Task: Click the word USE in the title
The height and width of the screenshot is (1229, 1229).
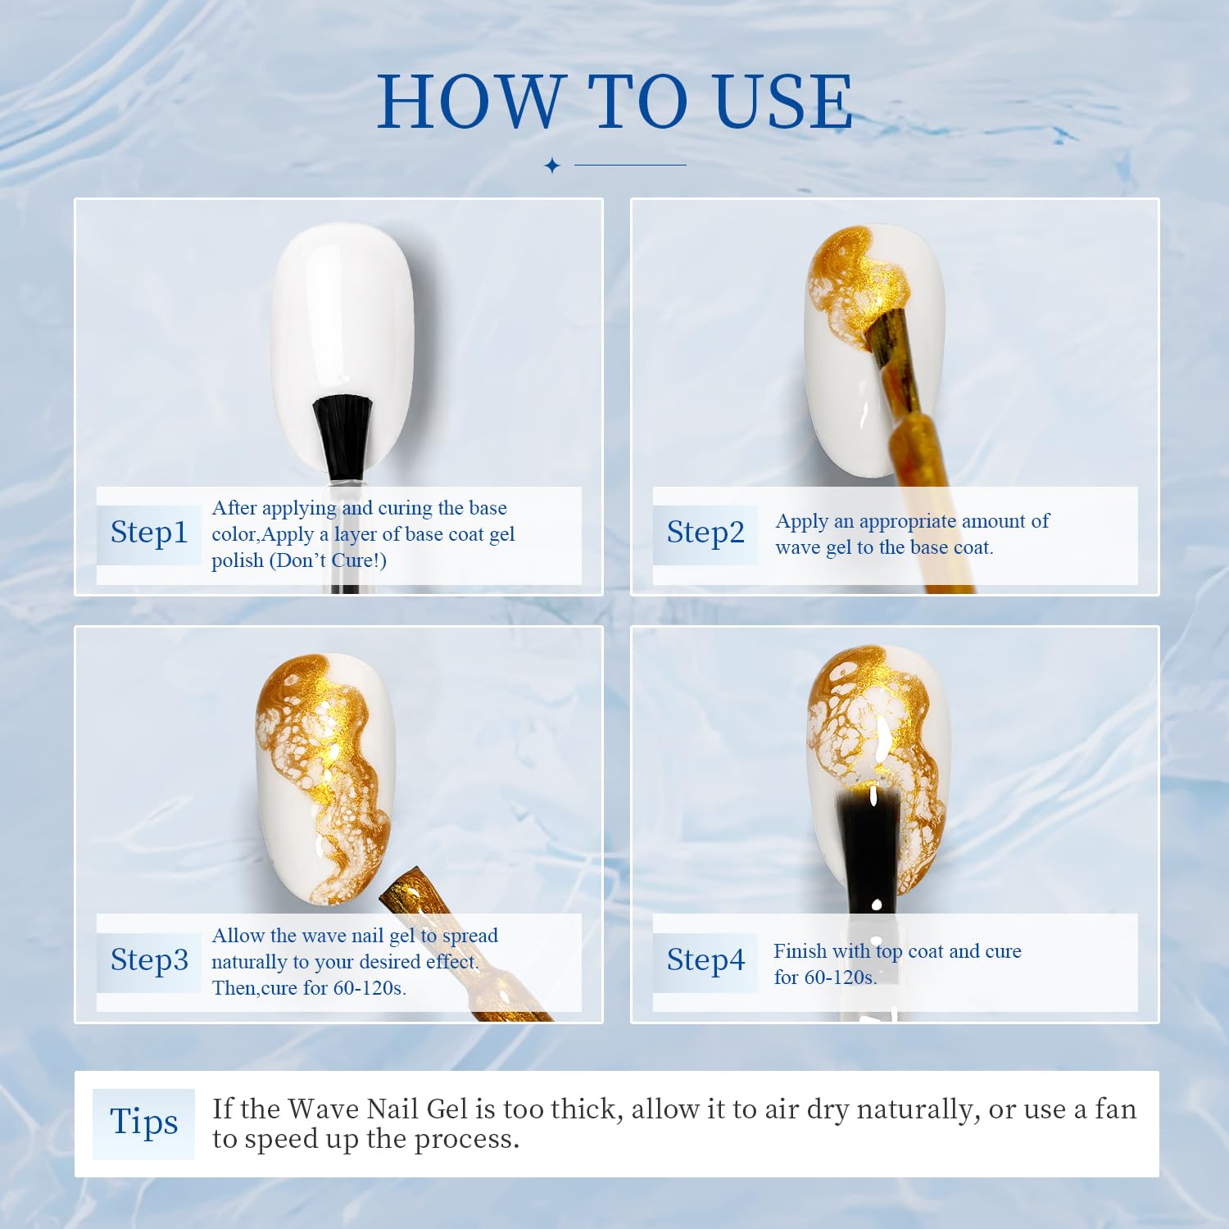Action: [x=783, y=102]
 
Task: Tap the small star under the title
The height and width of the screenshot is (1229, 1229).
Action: [x=552, y=166]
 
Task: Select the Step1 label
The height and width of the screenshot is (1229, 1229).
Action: [x=149, y=533]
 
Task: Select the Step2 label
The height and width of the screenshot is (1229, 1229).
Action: [x=705, y=533]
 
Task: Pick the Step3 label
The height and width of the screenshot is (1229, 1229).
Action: [x=149, y=960]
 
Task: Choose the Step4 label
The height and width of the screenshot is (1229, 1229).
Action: [x=705, y=960]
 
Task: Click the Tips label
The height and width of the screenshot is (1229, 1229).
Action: [x=144, y=1122]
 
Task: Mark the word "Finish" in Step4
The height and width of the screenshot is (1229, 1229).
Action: [x=800, y=951]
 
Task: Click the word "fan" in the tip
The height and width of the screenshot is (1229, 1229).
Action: [x=1116, y=1109]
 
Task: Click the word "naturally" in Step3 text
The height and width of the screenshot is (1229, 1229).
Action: [x=249, y=963]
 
